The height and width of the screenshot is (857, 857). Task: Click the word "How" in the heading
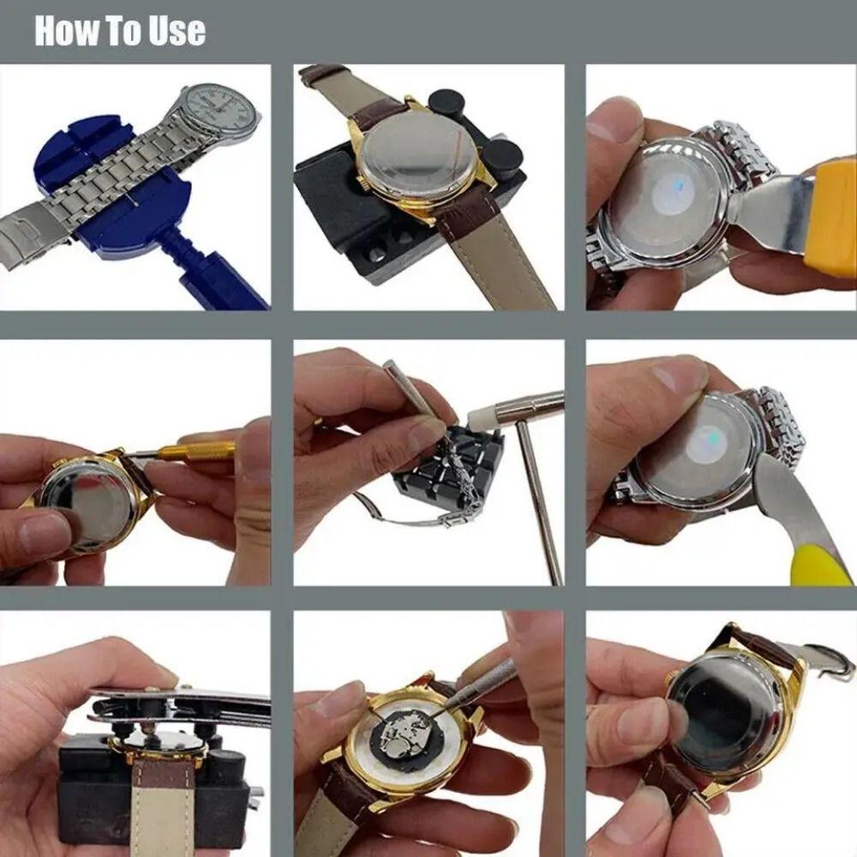tap(65, 31)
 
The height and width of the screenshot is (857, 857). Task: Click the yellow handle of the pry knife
tap(818, 565)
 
